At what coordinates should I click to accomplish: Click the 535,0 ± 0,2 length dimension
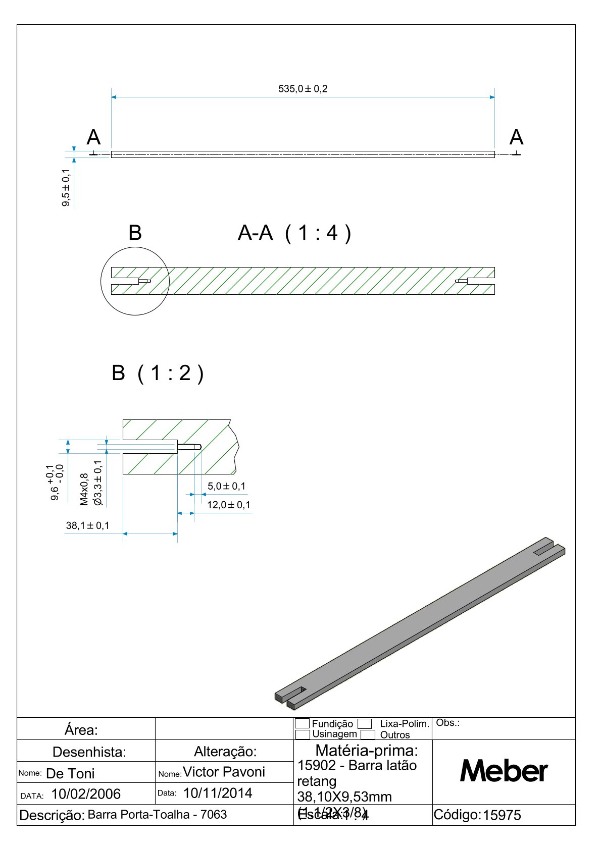[303, 89]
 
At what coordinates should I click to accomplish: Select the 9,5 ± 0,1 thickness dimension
[66, 187]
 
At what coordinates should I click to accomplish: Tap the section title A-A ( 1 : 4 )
[294, 233]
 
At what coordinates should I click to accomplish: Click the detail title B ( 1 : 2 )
[158, 374]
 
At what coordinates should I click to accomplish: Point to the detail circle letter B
[135, 233]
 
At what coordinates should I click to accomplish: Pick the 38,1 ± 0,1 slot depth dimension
[87, 525]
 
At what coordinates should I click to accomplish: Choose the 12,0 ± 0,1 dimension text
[228, 505]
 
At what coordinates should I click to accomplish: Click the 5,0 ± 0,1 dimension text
[226, 486]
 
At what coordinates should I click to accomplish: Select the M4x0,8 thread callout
[84, 489]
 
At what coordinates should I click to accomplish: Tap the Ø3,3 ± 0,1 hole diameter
[98, 483]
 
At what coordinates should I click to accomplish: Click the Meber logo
[504, 771]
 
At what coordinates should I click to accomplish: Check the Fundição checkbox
[302, 723]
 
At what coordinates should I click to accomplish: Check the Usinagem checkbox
[302, 734]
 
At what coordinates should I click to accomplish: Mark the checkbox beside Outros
[368, 734]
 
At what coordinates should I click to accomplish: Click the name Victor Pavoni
[224, 772]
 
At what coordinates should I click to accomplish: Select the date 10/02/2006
[86, 794]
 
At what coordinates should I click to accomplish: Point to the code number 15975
[502, 815]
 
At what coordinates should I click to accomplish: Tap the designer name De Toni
[70, 773]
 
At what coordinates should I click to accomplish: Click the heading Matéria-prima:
[367, 750]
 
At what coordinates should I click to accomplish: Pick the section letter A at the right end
[516, 137]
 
